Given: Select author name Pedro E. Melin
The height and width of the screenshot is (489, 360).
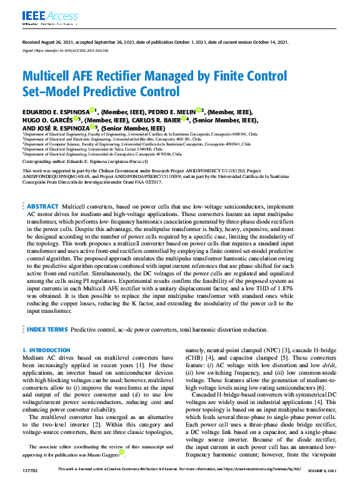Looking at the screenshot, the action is (x=174, y=111).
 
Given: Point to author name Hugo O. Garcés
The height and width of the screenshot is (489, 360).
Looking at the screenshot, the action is (x=46, y=119).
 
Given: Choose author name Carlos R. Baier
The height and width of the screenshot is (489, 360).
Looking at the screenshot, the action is (x=159, y=119).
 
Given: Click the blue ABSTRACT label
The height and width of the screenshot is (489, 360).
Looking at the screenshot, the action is (x=42, y=189).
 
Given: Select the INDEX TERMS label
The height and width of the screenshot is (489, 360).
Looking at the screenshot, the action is (x=47, y=329).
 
